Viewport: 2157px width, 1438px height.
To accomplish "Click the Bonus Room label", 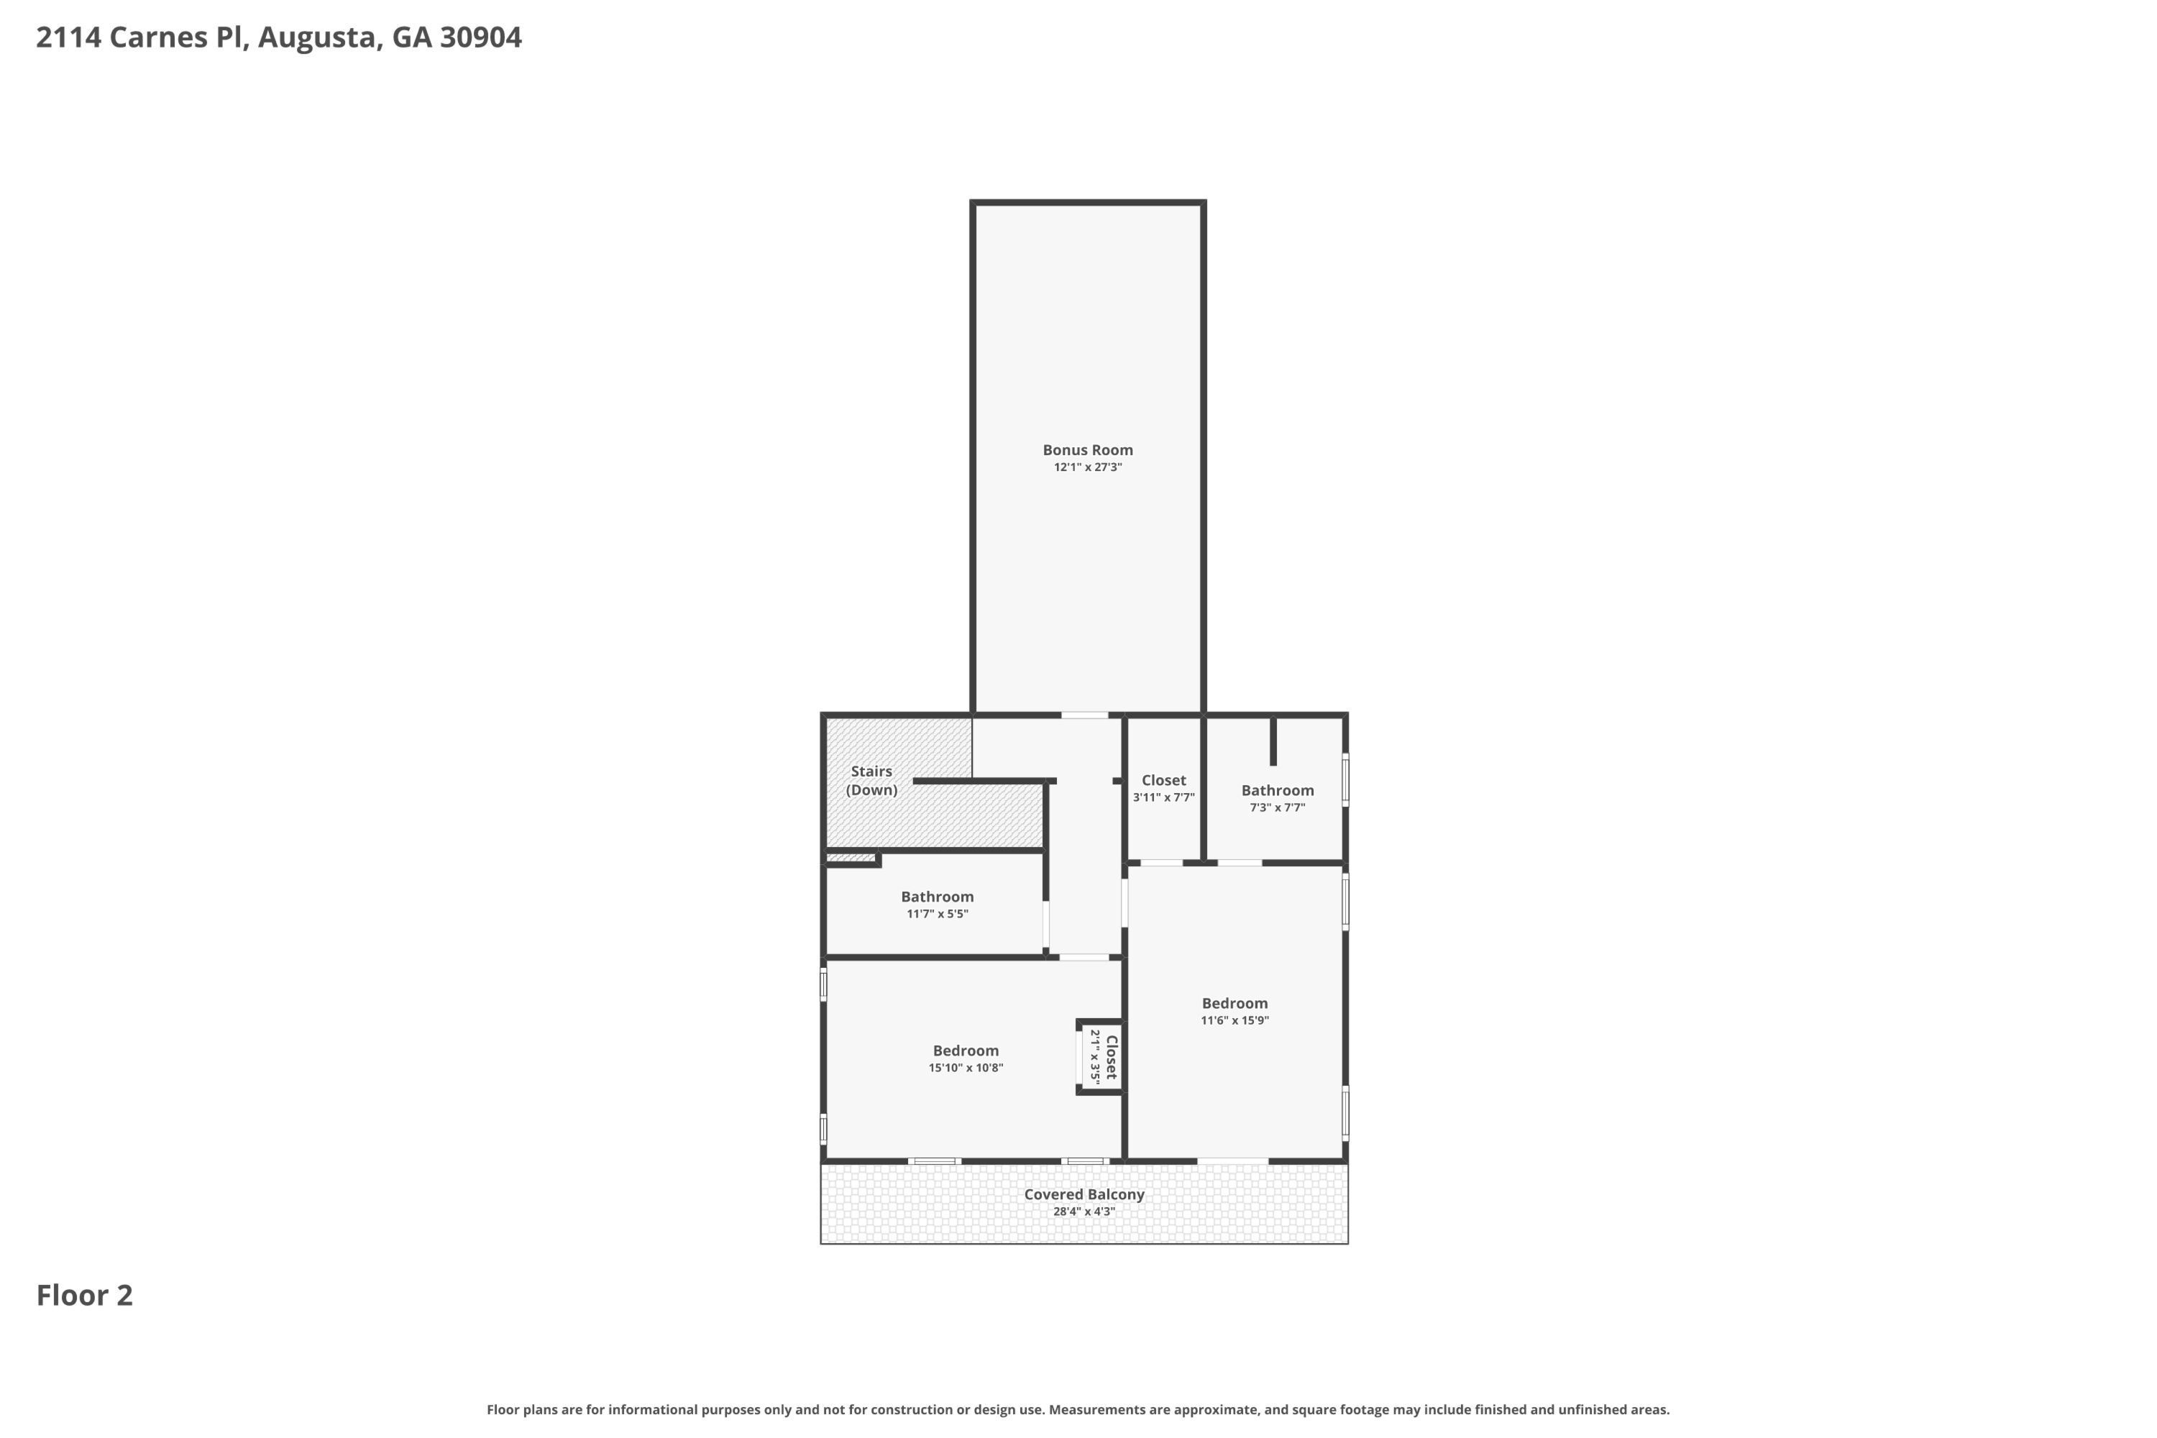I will (1088, 449).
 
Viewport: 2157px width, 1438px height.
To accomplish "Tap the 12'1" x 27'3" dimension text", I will (1088, 467).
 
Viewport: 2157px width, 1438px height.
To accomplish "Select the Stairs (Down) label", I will (871, 780).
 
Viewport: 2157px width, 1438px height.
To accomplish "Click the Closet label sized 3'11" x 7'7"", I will (1163, 780).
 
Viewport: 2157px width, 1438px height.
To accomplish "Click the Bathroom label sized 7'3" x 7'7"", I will (1278, 790).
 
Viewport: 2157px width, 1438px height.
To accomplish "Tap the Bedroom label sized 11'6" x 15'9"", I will (1235, 1003).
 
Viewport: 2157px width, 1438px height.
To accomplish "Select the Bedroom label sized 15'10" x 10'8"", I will (966, 1051).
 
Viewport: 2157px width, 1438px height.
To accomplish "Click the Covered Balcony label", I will (1084, 1194).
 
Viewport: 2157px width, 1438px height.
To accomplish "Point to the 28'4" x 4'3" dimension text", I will (1084, 1212).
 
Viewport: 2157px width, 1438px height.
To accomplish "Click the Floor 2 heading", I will (84, 1295).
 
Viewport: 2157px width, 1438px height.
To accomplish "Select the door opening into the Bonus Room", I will (1085, 715).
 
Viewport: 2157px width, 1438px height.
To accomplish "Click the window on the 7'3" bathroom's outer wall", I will (1345, 779).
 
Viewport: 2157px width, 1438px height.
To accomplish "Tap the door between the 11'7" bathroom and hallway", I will (1045, 925).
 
